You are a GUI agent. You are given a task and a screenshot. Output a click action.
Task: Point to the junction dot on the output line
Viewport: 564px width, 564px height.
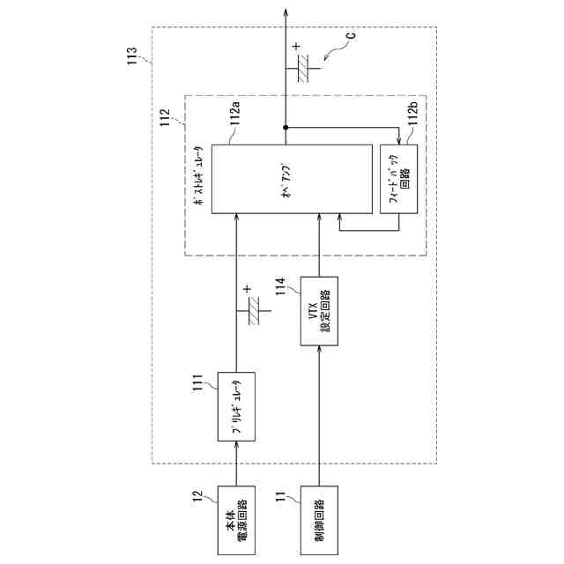click(x=286, y=129)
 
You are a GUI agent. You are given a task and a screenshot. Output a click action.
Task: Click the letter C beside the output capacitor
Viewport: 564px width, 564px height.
click(x=350, y=36)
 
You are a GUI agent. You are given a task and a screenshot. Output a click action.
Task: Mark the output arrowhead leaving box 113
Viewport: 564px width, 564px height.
click(x=286, y=11)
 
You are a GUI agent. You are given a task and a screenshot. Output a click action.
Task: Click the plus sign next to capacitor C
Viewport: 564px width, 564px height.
click(x=296, y=48)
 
